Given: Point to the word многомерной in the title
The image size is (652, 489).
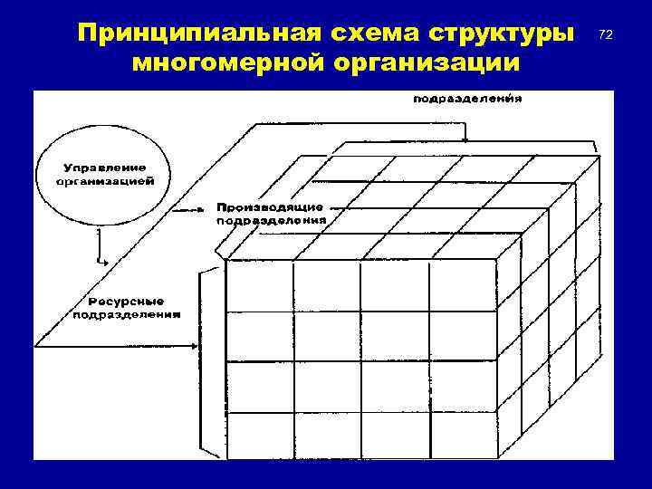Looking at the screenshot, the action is tap(225, 64).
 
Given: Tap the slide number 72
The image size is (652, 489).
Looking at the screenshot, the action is tap(606, 34).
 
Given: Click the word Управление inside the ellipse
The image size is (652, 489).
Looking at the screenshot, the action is tap(105, 168).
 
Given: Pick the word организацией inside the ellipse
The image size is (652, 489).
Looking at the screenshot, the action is tap(105, 181).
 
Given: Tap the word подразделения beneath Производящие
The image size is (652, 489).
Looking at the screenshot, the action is tap(272, 220).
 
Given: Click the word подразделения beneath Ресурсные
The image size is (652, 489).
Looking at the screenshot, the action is tap(126, 314).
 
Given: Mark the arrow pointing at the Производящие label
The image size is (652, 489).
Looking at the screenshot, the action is tap(190, 209).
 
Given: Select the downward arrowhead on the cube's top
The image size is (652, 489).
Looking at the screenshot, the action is tap(465, 139).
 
